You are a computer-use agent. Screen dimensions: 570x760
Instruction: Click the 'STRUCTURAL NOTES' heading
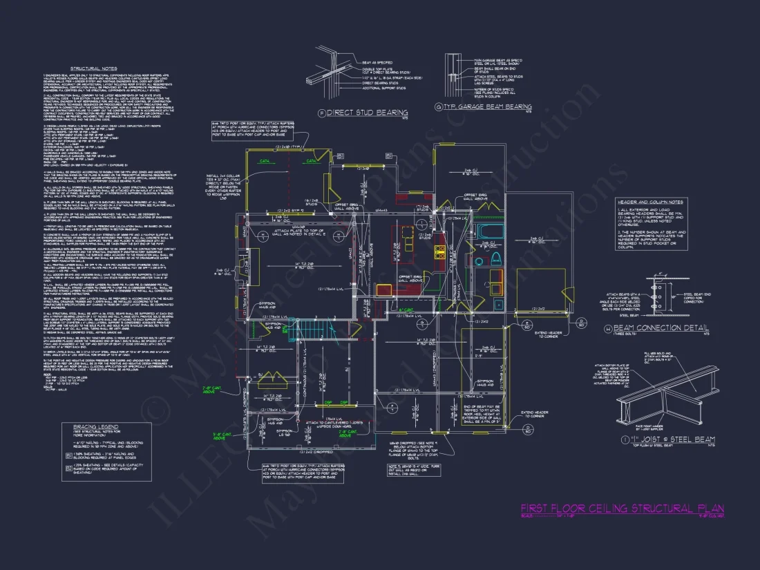point(93,69)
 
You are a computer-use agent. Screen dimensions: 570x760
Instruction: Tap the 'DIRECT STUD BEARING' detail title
point(367,113)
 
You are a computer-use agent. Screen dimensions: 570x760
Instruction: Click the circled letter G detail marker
point(439,107)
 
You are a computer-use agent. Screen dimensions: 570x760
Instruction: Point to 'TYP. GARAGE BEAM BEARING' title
point(488,107)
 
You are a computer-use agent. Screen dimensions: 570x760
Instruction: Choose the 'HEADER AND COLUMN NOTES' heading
point(649,202)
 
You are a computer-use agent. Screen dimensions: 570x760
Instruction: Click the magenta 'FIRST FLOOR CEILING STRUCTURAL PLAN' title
point(622,509)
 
